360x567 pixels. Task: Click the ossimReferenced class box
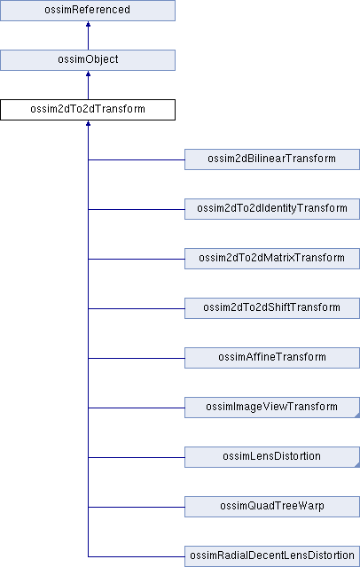click(88, 11)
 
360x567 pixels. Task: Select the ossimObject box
click(88, 60)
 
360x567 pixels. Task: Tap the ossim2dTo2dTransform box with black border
click(88, 110)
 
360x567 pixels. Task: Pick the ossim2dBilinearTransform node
click(272, 159)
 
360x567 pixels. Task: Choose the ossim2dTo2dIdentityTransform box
click(272, 209)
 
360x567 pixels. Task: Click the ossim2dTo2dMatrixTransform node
click(272, 259)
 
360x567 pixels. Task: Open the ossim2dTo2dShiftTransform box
click(272, 308)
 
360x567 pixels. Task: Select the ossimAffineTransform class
click(272, 358)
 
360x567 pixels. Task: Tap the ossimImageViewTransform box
click(272, 408)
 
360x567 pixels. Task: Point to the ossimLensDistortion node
click(272, 457)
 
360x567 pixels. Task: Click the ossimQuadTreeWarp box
click(272, 507)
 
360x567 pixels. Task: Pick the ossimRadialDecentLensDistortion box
click(272, 556)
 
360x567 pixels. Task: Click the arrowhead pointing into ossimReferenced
click(88, 24)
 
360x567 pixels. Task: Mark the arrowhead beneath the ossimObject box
click(88, 74)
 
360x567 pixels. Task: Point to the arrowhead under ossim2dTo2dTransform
click(88, 123)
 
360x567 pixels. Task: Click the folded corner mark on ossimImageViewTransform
click(357, 415)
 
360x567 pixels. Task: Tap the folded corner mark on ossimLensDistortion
click(357, 464)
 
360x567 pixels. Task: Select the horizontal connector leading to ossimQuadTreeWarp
click(137, 507)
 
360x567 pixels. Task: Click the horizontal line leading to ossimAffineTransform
click(137, 358)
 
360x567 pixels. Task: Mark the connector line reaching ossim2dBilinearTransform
click(137, 159)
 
